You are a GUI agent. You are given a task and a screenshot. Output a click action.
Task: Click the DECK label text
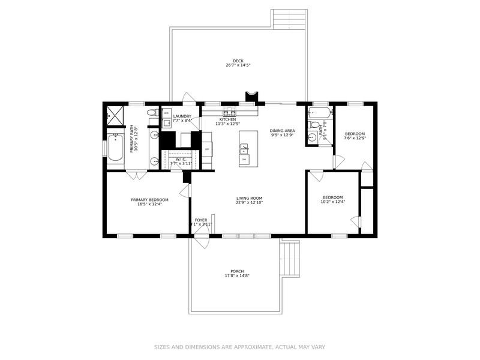pos(238,60)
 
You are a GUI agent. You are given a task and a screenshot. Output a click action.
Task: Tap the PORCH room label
pos(236,271)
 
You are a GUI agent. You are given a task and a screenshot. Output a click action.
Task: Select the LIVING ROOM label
pos(249,198)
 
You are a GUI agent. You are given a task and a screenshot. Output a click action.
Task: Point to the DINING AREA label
pos(281,130)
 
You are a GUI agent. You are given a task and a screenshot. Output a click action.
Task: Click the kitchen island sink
pos(244,159)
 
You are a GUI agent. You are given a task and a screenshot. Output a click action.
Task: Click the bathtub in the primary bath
pos(115,148)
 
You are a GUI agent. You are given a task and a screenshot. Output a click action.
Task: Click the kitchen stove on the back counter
pos(230,112)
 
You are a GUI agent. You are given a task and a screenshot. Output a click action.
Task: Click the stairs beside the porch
pos(290,257)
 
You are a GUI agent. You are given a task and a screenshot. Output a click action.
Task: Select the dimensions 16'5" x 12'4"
pos(149,204)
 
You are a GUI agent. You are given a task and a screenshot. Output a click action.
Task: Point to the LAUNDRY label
pos(182,116)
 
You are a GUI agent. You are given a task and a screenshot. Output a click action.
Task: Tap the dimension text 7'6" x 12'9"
pos(355,139)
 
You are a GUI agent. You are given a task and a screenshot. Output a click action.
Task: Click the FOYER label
pos(200,220)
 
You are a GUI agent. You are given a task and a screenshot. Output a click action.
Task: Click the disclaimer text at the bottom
pos(240,347)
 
